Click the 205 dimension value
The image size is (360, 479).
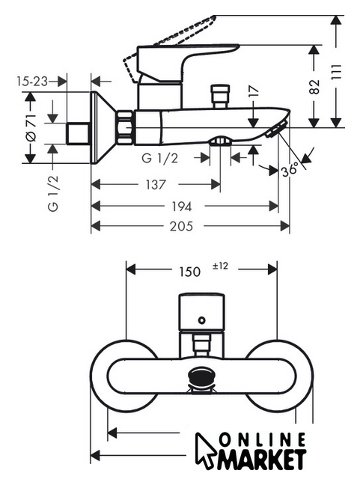pos(181,226)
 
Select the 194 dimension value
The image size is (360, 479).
pos(182,207)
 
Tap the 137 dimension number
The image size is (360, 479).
pos(156,185)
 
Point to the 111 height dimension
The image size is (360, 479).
pos(336,72)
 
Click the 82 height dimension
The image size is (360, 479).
pos(314,87)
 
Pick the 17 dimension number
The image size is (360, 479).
pos(253,91)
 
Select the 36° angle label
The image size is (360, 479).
pos(290,169)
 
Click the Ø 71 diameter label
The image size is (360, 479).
pos(31,127)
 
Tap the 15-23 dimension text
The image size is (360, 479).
pos(32,82)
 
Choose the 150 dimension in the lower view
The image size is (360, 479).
pos(190,272)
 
